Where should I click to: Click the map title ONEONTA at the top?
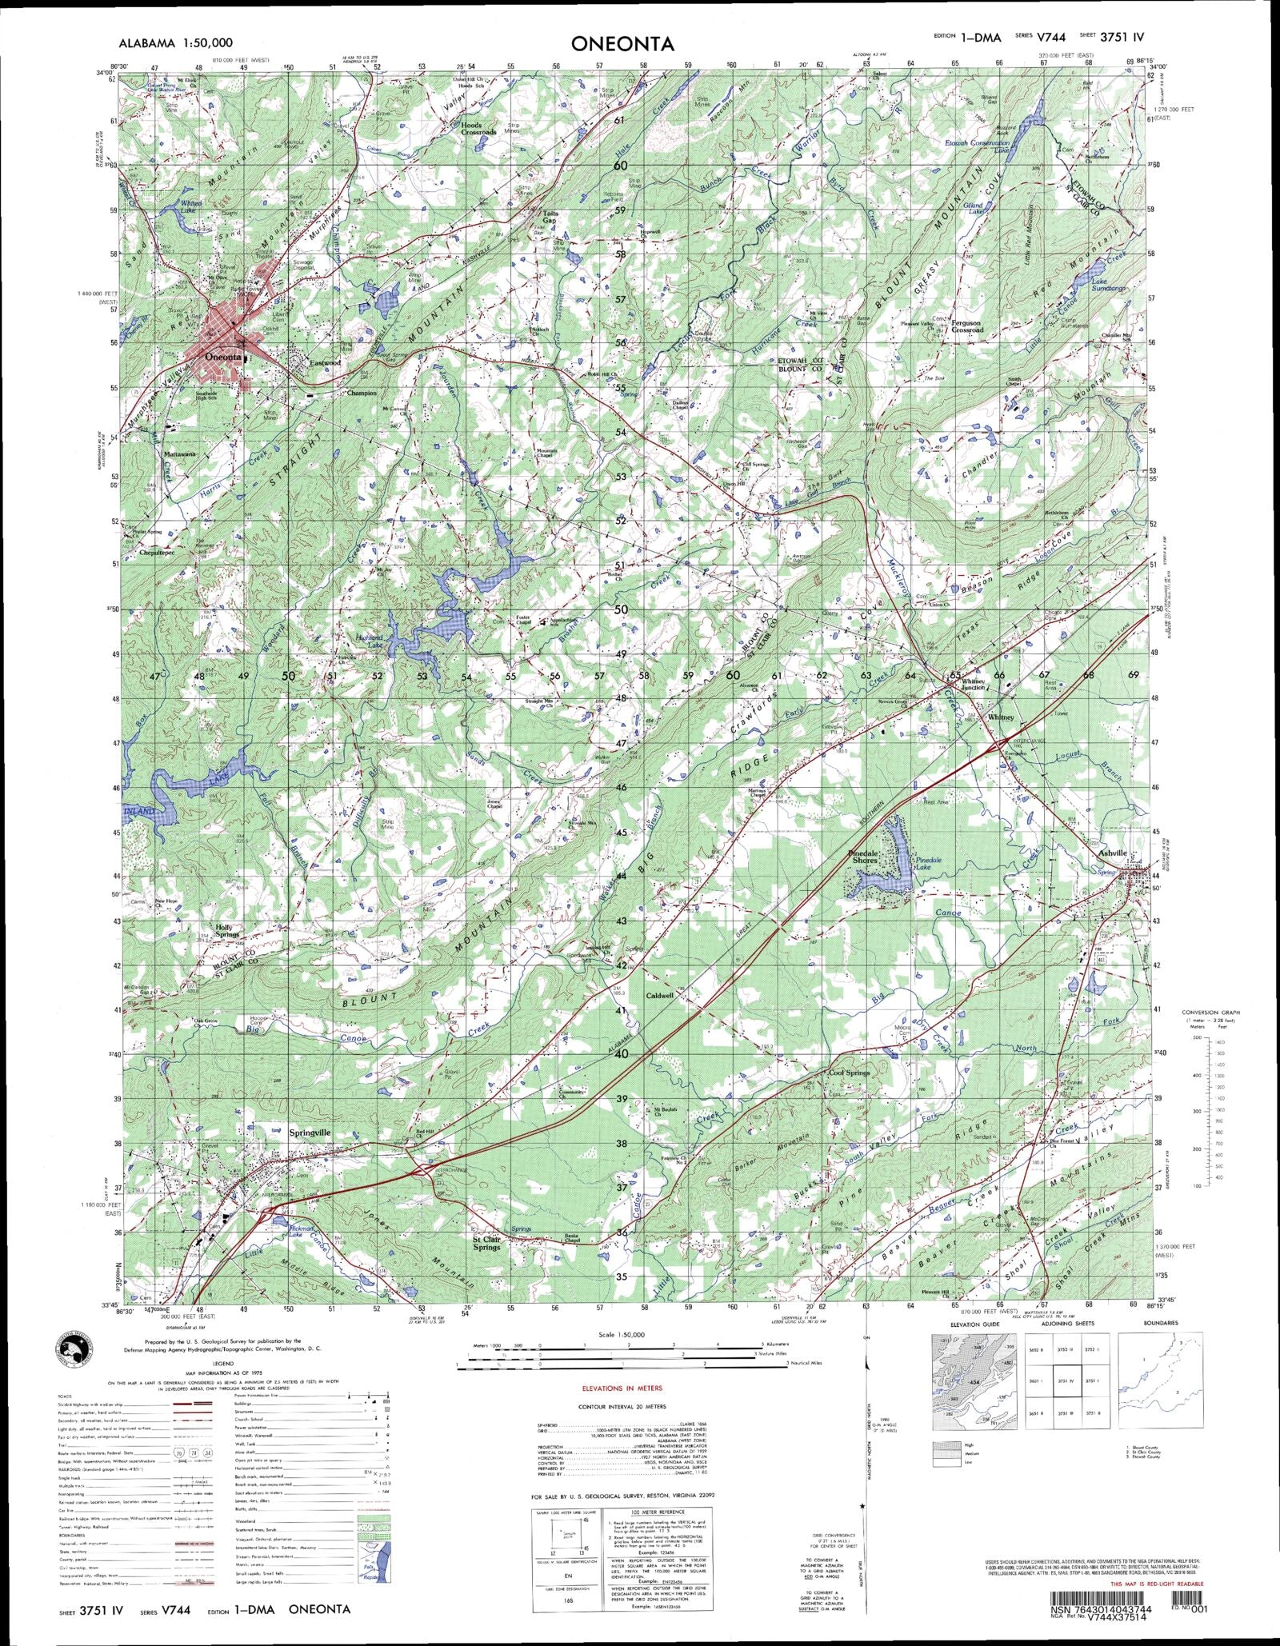[x=622, y=45]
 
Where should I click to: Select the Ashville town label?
[x=1112, y=853]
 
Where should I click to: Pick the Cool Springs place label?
[x=849, y=1073]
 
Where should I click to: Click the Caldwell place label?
[x=660, y=996]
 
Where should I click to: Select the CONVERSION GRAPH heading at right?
[x=1210, y=1013]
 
